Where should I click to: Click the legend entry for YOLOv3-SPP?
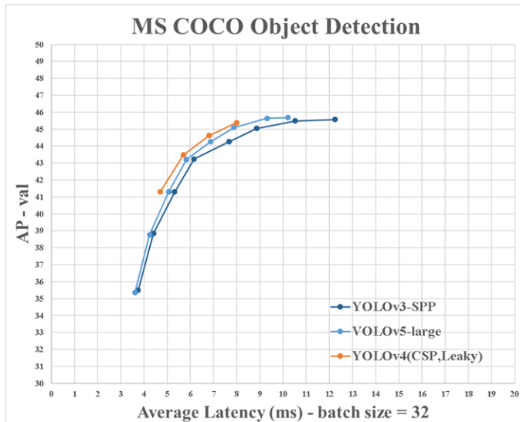click(x=386, y=306)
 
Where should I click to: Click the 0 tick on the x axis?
click(x=51, y=393)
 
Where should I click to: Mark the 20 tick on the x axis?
click(x=514, y=393)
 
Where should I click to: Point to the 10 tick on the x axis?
click(x=283, y=393)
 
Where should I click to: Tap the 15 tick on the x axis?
click(x=399, y=393)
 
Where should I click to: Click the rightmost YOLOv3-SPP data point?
click(x=335, y=120)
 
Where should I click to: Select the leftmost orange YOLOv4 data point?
click(x=160, y=191)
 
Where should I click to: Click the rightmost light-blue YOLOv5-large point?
click(x=287, y=117)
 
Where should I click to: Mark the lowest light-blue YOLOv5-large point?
click(x=135, y=292)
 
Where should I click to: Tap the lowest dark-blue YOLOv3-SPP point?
click(x=138, y=290)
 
